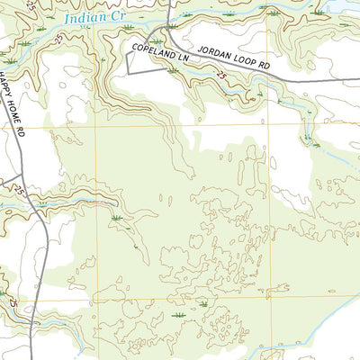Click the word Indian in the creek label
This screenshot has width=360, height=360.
coord(80,16)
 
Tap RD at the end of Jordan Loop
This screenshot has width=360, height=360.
coord(262,67)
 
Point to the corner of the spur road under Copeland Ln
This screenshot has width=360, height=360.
coord(129,72)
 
